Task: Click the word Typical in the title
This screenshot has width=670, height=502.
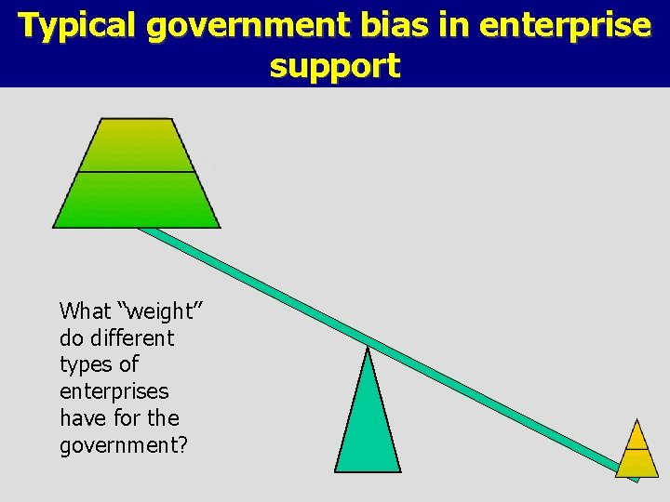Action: (x=79, y=26)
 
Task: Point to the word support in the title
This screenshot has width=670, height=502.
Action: (x=335, y=66)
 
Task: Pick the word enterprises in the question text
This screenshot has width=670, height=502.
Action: (x=114, y=391)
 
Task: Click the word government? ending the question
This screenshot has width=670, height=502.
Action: (x=124, y=446)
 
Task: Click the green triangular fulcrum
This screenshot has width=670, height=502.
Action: (x=368, y=428)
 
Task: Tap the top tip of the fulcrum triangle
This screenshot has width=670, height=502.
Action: (x=369, y=350)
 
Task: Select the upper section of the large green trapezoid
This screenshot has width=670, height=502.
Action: (x=137, y=146)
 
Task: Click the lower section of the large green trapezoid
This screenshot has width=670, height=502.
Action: (x=137, y=200)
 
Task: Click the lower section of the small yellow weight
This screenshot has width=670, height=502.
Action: (x=637, y=463)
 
